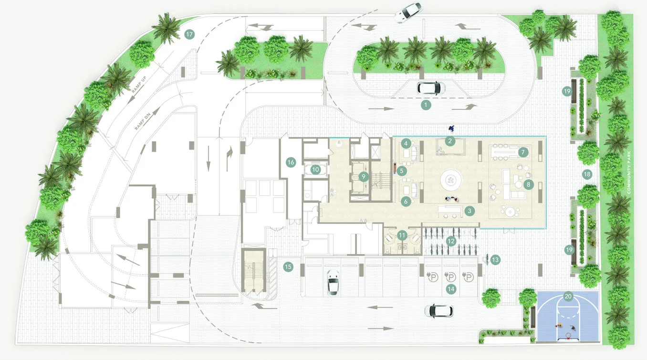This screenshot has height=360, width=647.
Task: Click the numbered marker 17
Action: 189,34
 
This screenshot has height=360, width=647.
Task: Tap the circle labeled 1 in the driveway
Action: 426,105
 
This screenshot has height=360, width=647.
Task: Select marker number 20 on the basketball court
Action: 568,296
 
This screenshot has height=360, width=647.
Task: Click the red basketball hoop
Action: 568,336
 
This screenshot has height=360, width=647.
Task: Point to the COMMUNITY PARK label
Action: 629,172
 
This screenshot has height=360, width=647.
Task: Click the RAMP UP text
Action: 139,85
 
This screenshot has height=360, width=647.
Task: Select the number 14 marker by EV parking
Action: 451,289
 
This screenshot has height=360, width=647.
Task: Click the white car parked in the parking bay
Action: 333,283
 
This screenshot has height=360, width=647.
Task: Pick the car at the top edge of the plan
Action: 409,12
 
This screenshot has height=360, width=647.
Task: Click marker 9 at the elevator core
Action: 364,177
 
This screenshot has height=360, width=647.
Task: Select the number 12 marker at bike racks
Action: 451,241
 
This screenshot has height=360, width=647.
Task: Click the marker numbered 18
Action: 587,174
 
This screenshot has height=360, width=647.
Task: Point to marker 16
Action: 291,162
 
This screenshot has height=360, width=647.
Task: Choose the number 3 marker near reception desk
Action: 470,211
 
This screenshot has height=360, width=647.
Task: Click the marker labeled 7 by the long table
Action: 523,152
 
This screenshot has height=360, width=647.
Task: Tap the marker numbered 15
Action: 288,267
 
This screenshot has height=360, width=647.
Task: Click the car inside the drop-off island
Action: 431,88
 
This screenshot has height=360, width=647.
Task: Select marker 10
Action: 315,169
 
